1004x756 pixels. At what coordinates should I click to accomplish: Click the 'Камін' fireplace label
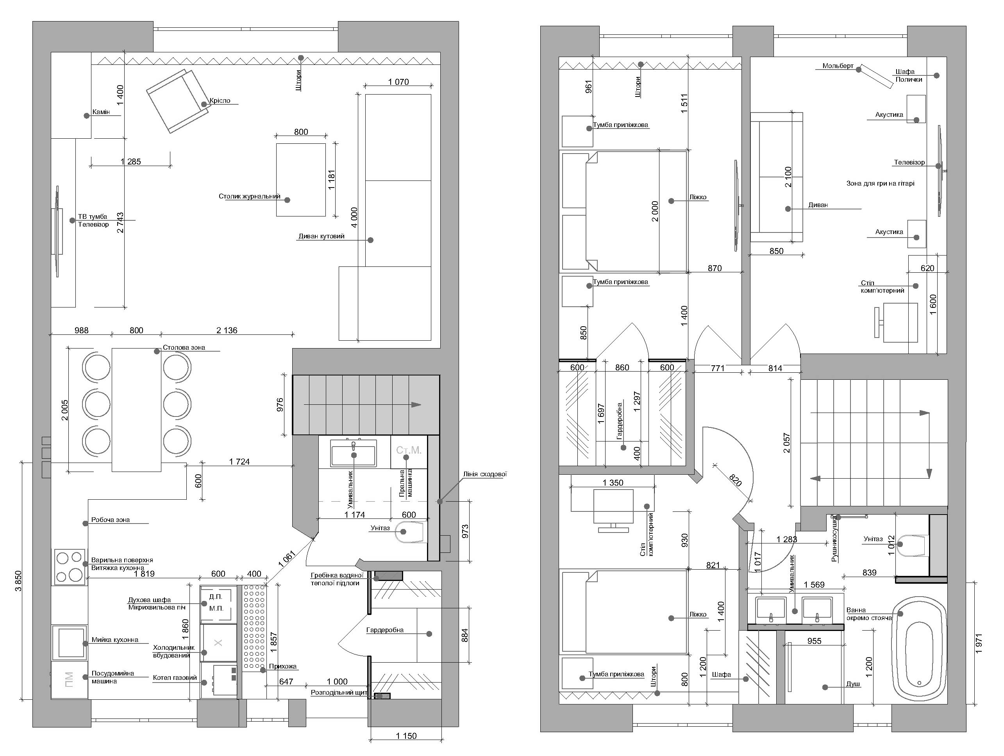click(101, 112)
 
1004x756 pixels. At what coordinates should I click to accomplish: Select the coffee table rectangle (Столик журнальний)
click(301, 180)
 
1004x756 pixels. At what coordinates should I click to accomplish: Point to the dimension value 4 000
click(354, 217)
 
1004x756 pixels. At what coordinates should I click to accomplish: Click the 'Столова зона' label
click(184, 347)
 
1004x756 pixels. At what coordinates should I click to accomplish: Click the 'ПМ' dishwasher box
click(69, 680)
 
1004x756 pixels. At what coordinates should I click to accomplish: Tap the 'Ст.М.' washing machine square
click(409, 451)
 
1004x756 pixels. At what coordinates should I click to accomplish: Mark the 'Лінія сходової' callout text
click(485, 474)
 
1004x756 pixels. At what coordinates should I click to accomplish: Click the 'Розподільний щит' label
click(339, 693)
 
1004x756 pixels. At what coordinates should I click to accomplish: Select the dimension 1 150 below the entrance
click(406, 736)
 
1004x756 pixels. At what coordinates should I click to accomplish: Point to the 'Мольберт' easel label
click(838, 66)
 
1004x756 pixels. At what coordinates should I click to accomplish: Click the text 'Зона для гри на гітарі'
click(880, 184)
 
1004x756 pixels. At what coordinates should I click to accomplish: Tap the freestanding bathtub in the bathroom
click(920, 650)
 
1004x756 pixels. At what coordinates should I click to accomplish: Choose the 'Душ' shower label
click(853, 684)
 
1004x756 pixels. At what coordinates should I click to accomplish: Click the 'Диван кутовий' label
click(322, 236)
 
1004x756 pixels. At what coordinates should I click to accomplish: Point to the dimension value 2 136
click(227, 331)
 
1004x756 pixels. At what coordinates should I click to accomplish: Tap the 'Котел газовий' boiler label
click(175, 677)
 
